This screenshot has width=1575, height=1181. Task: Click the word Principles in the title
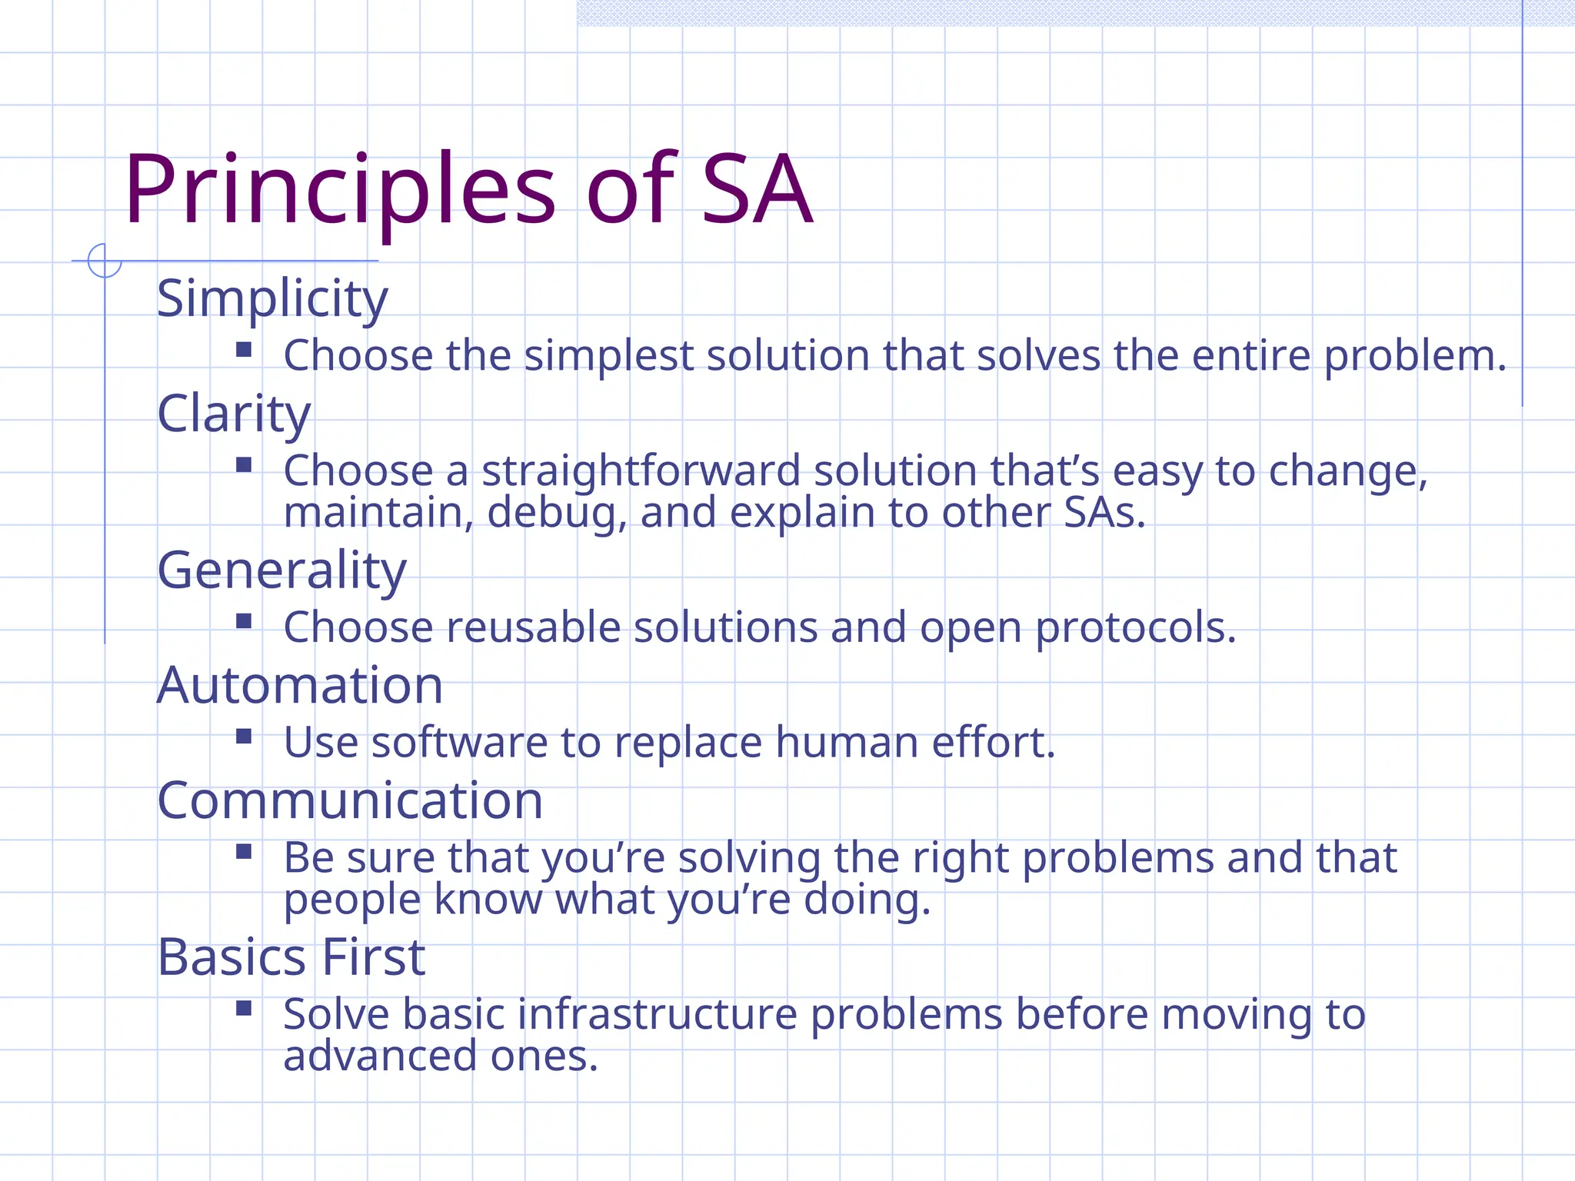(339, 190)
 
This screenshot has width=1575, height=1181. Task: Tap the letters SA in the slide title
(757, 190)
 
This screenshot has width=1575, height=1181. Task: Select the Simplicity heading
(272, 298)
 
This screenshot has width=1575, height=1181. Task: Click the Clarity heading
(234, 414)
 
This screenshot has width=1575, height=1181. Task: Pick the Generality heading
(281, 571)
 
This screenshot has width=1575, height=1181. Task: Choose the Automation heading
(300, 685)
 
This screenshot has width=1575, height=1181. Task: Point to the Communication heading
(350, 800)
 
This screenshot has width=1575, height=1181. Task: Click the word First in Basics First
(373, 957)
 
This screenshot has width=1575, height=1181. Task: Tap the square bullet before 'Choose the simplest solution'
(244, 351)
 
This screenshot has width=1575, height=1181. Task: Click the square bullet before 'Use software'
(244, 737)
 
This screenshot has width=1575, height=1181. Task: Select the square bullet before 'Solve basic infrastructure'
(244, 1009)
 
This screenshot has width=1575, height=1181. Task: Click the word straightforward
(641, 471)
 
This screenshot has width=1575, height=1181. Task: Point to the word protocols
(1135, 627)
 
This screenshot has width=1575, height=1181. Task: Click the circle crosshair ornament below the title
(105, 261)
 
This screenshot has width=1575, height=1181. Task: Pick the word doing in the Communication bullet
(867, 900)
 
